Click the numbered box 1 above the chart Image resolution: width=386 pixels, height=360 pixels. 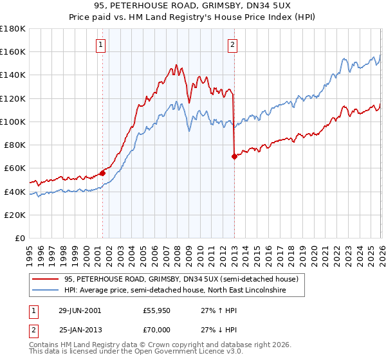(102, 45)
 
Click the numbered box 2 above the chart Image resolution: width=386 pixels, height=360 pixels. (232, 45)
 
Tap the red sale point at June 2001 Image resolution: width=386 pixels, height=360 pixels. (102, 173)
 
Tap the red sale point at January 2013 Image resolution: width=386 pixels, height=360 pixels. (234, 156)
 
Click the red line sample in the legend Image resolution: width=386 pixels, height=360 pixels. (45, 280)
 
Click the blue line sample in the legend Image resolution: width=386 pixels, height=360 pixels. (45, 291)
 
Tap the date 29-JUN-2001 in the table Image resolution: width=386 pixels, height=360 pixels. (80, 310)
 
